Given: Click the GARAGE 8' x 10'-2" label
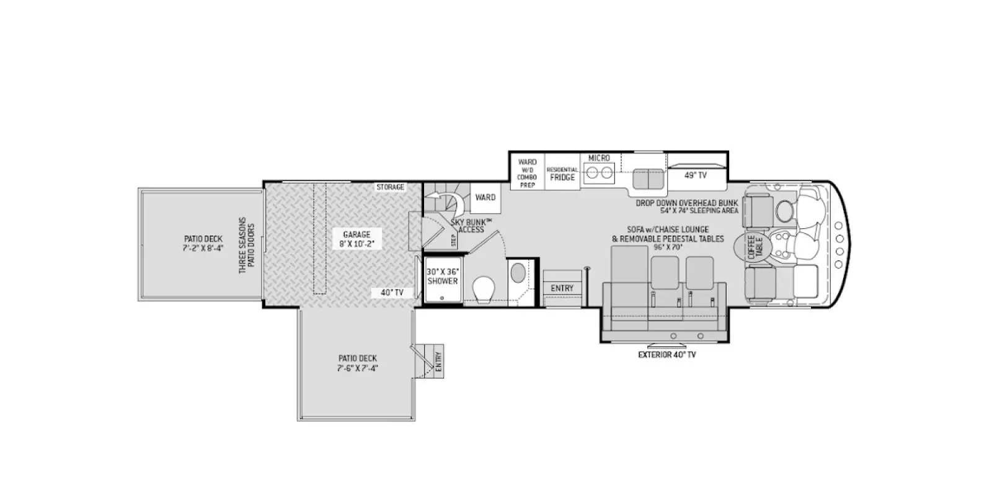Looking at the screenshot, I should (x=356, y=239).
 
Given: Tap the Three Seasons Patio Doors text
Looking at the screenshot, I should (x=247, y=246).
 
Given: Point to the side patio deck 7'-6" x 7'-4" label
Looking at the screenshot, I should (x=358, y=363).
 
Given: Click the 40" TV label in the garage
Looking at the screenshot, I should (x=392, y=293).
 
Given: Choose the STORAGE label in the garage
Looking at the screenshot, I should (x=390, y=187).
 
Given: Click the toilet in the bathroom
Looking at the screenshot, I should (x=484, y=288).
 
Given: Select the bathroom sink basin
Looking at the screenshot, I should (x=516, y=273).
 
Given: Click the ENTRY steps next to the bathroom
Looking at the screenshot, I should (x=562, y=288).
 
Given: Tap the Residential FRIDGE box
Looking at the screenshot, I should (x=562, y=174).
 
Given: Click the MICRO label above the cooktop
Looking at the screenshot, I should (x=599, y=158).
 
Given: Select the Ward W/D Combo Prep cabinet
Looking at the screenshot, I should (x=527, y=174).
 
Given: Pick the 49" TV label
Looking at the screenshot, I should (x=696, y=175).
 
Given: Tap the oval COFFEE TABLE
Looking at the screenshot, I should (x=751, y=247).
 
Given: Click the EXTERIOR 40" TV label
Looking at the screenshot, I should (x=666, y=355).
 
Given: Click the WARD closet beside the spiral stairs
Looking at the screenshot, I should (x=485, y=198).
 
